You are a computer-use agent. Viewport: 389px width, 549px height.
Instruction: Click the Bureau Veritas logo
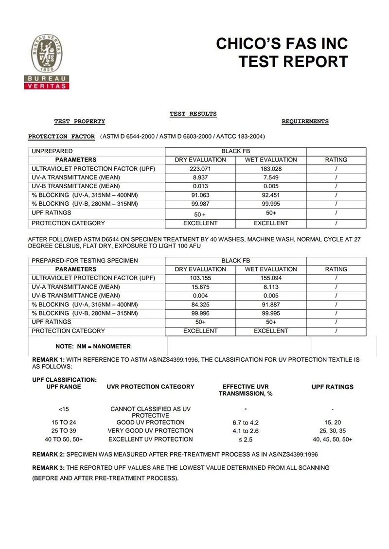pyautogui.click(x=47, y=61)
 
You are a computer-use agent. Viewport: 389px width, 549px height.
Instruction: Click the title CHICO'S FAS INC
pyautogui.click(x=282, y=44)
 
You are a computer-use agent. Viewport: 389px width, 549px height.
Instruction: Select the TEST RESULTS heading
pyautogui.click(x=193, y=114)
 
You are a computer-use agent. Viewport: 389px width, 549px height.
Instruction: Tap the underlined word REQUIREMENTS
pyautogui.click(x=305, y=122)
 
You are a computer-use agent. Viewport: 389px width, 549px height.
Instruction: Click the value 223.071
pyautogui.click(x=200, y=169)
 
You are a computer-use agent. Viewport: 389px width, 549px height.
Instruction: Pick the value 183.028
pyautogui.click(x=270, y=169)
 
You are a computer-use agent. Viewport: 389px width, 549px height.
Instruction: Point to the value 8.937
pyautogui.click(x=200, y=177)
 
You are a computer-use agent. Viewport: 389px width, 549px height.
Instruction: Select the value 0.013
pyautogui.click(x=200, y=186)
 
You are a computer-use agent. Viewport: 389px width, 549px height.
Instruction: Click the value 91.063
pyautogui.click(x=200, y=195)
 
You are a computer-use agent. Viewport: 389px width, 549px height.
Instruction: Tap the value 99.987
pyautogui.click(x=200, y=204)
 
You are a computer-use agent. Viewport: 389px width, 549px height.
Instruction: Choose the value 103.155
pyautogui.click(x=200, y=278)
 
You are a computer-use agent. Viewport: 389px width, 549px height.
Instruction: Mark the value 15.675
pyautogui.click(x=200, y=287)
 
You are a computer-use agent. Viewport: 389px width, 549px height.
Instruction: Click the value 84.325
pyautogui.click(x=200, y=304)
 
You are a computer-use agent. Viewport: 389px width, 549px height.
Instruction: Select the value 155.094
pyautogui.click(x=270, y=278)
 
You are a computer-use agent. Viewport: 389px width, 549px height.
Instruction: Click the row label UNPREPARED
pyautogui.click(x=52, y=151)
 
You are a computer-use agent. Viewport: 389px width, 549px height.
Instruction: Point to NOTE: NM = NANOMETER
pyautogui.click(x=93, y=347)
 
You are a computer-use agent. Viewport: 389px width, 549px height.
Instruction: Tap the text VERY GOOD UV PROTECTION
pyautogui.click(x=150, y=431)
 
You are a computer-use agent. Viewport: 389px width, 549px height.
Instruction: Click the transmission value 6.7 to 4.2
pyautogui.click(x=246, y=423)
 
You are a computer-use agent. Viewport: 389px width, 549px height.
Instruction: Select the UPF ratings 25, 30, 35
pyautogui.click(x=332, y=431)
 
